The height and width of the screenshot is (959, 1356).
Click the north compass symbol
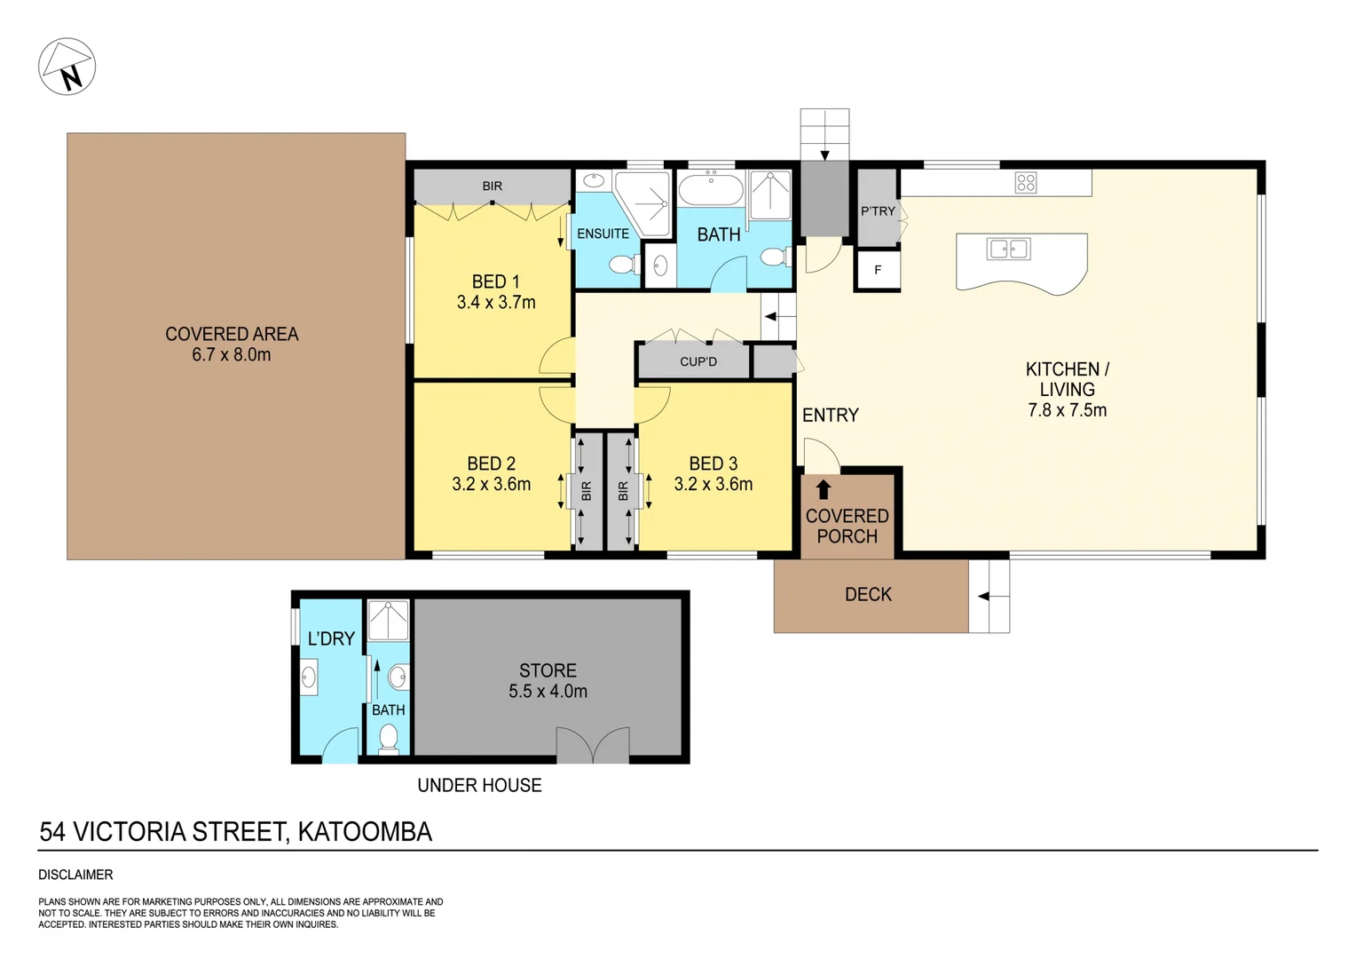pyautogui.click(x=67, y=67)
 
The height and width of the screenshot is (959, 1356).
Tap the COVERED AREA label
pyautogui.click(x=232, y=334)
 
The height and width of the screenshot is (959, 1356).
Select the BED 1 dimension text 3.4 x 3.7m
pyautogui.click(x=496, y=303)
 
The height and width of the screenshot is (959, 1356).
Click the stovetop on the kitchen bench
pyautogui.click(x=1026, y=183)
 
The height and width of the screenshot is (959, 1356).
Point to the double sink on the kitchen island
pyautogui.click(x=1008, y=249)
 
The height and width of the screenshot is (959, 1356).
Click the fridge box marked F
pyautogui.click(x=878, y=270)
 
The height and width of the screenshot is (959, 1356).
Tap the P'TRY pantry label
pyautogui.click(x=878, y=210)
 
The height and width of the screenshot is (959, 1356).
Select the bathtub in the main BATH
pyautogui.click(x=710, y=189)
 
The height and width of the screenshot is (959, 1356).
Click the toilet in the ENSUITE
pyautogui.click(x=624, y=264)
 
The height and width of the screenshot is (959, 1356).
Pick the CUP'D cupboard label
pyautogui.click(x=698, y=361)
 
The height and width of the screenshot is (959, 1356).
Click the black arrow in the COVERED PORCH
pyautogui.click(x=824, y=489)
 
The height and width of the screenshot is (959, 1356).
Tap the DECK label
pyautogui.click(x=868, y=595)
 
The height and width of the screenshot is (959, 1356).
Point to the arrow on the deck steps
pyautogui.click(x=983, y=596)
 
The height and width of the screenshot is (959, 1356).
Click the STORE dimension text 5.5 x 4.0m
pyautogui.click(x=548, y=692)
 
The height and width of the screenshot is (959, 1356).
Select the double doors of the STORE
pyautogui.click(x=593, y=746)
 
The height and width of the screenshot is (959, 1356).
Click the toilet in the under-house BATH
pyautogui.click(x=389, y=737)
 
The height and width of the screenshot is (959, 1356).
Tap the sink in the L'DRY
pyautogui.click(x=309, y=678)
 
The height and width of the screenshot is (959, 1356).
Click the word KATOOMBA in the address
pyautogui.click(x=365, y=832)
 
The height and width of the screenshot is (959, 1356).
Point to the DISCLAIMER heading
pyautogui.click(x=75, y=875)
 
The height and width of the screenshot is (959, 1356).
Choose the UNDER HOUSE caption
pyautogui.click(x=479, y=785)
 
